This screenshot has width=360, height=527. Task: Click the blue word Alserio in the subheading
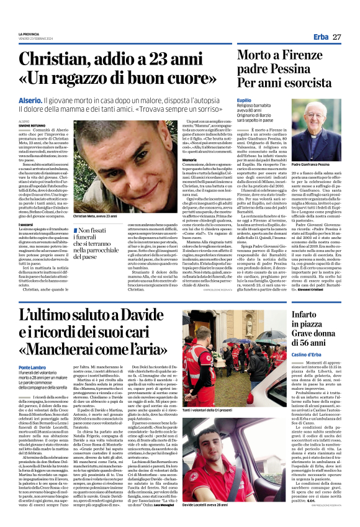pos(30,99)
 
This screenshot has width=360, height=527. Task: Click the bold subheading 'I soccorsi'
pos(25,223)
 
